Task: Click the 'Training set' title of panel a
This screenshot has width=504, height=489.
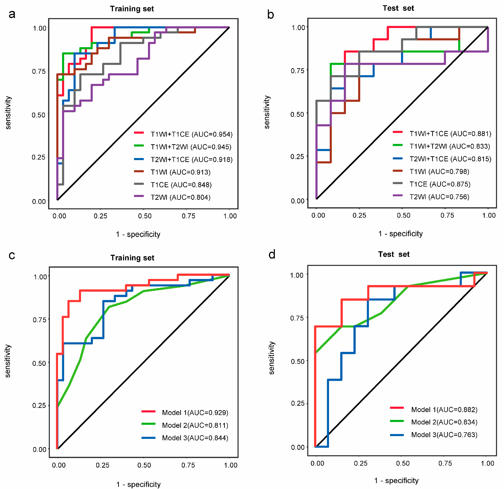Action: click(x=132, y=9)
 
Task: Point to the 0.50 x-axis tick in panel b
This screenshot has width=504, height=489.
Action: click(x=403, y=215)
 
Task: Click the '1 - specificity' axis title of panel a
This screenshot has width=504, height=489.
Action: click(x=138, y=234)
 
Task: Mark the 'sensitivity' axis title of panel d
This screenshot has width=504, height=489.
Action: click(x=272, y=358)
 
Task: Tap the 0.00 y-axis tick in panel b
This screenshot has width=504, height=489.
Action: click(x=297, y=201)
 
